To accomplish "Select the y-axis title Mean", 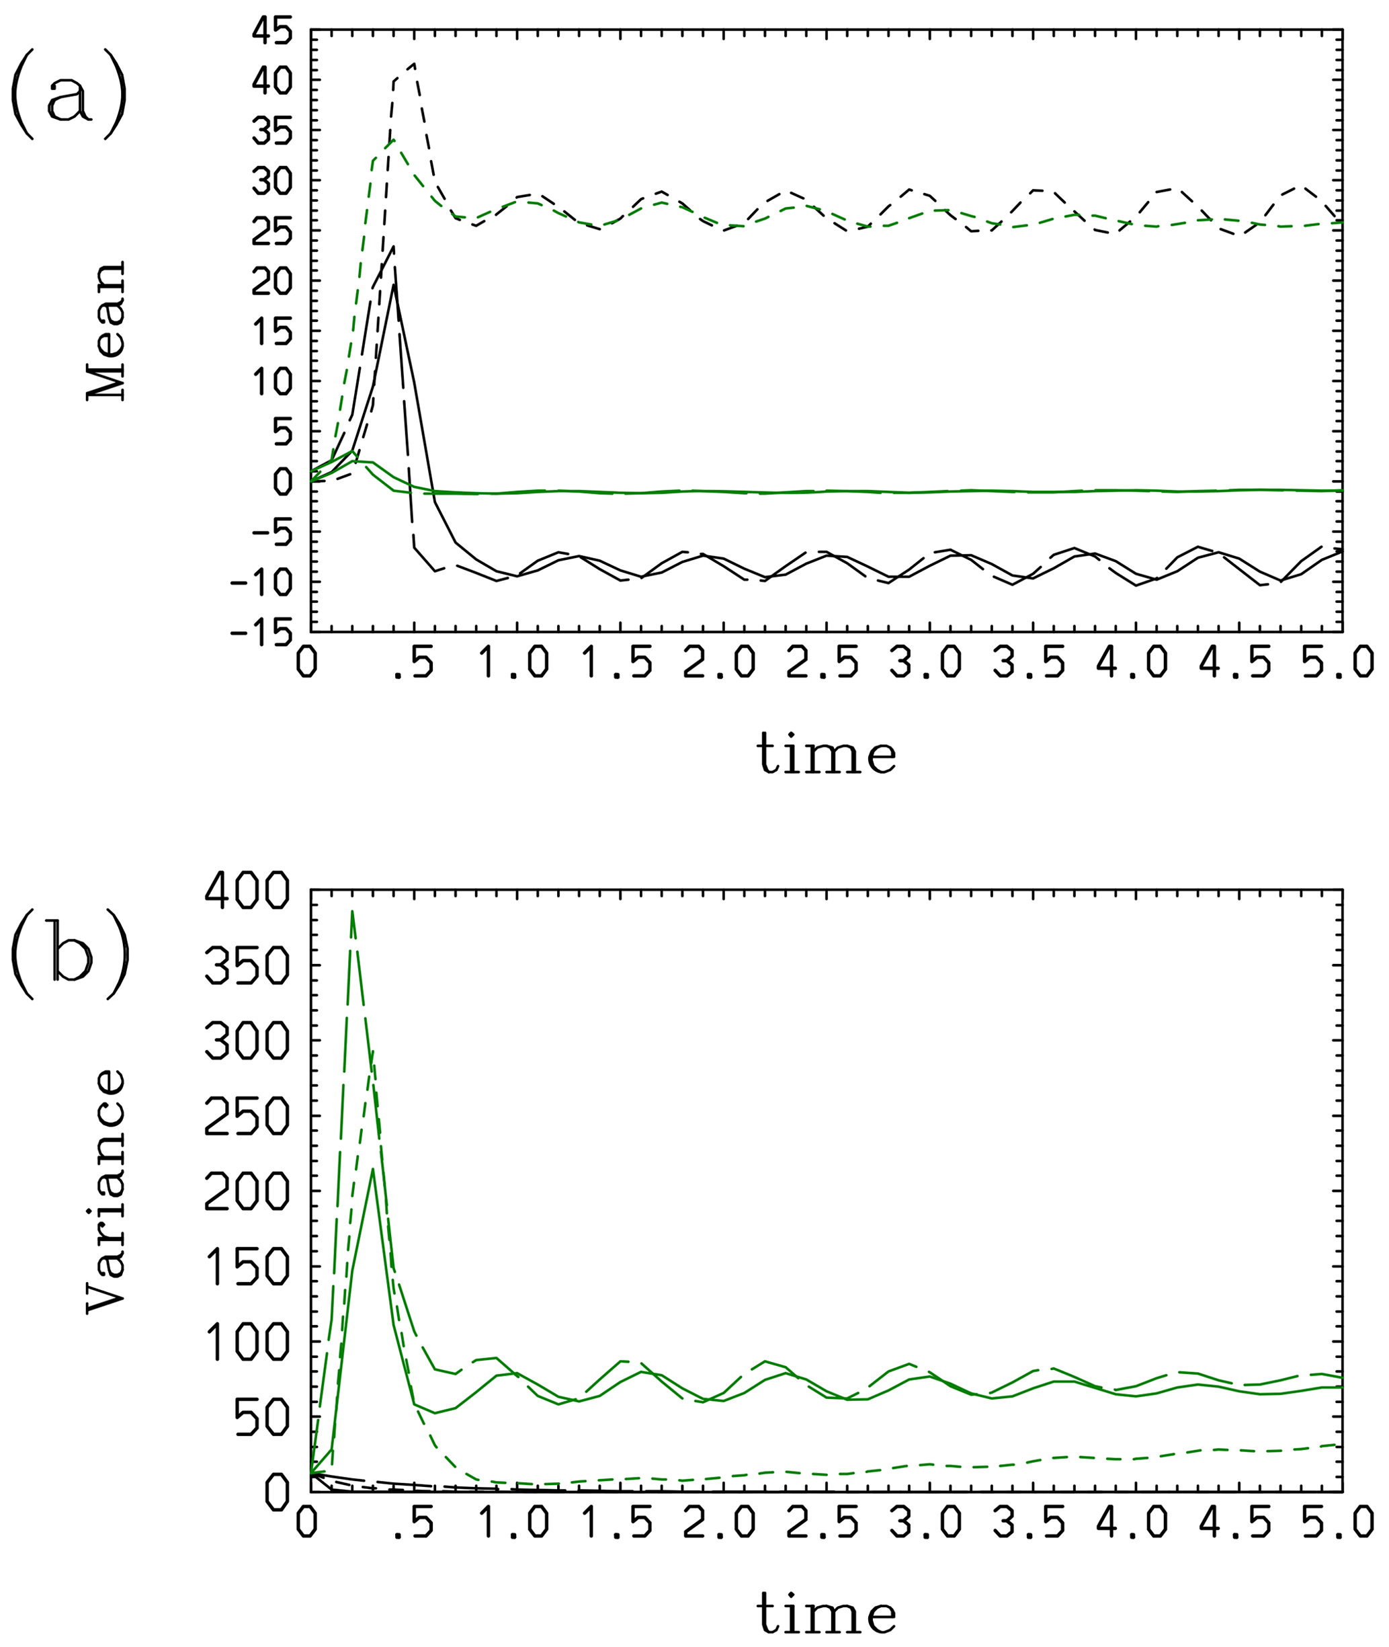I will point(106,330).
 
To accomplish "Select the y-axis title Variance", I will point(106,1189).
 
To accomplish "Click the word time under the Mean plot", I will point(826,754).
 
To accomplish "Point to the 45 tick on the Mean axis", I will point(272,32).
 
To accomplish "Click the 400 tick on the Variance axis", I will point(247,893).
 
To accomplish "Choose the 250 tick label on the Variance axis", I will point(247,1118).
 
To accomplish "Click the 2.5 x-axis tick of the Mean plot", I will point(825,665).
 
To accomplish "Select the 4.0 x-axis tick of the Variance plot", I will point(1135,1522).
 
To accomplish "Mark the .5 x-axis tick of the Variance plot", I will point(413,1522).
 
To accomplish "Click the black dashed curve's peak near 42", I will point(413,64).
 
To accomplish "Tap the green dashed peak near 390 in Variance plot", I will point(352,912).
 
